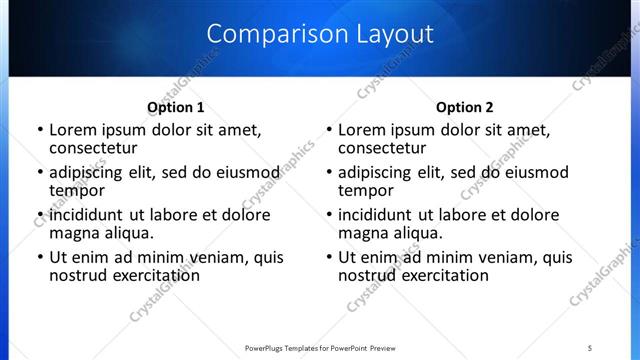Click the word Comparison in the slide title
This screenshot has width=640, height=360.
268,34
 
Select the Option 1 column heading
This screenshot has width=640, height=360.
175,107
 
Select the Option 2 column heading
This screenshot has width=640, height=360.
464,107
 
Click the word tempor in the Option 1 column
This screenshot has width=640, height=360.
78,190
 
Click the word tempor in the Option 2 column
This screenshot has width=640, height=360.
366,190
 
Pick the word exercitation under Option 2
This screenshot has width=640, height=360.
441,275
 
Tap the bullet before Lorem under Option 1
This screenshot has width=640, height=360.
39,130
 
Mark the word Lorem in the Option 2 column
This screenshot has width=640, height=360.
361,130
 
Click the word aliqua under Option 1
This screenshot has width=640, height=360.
128,233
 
